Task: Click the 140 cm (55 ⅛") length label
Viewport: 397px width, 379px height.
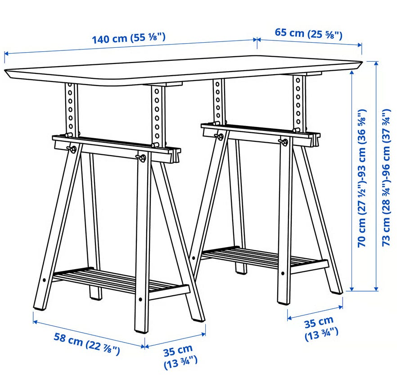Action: point(128,38)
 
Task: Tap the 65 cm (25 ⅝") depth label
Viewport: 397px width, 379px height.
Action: point(308,34)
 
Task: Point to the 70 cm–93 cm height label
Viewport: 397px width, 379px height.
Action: point(361,178)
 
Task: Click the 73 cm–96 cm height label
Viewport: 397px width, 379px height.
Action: point(386,177)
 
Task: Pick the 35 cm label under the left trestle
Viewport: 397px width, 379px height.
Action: point(180,357)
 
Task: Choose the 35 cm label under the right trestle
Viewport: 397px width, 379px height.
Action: point(321,329)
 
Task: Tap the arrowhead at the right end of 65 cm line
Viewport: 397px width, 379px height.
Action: point(360,45)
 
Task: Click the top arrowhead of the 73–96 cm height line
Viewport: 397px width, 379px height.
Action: point(376,63)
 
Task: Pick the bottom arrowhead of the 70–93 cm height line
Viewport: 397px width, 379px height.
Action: point(352,289)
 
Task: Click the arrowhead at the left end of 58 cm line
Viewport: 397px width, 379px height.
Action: point(36,321)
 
